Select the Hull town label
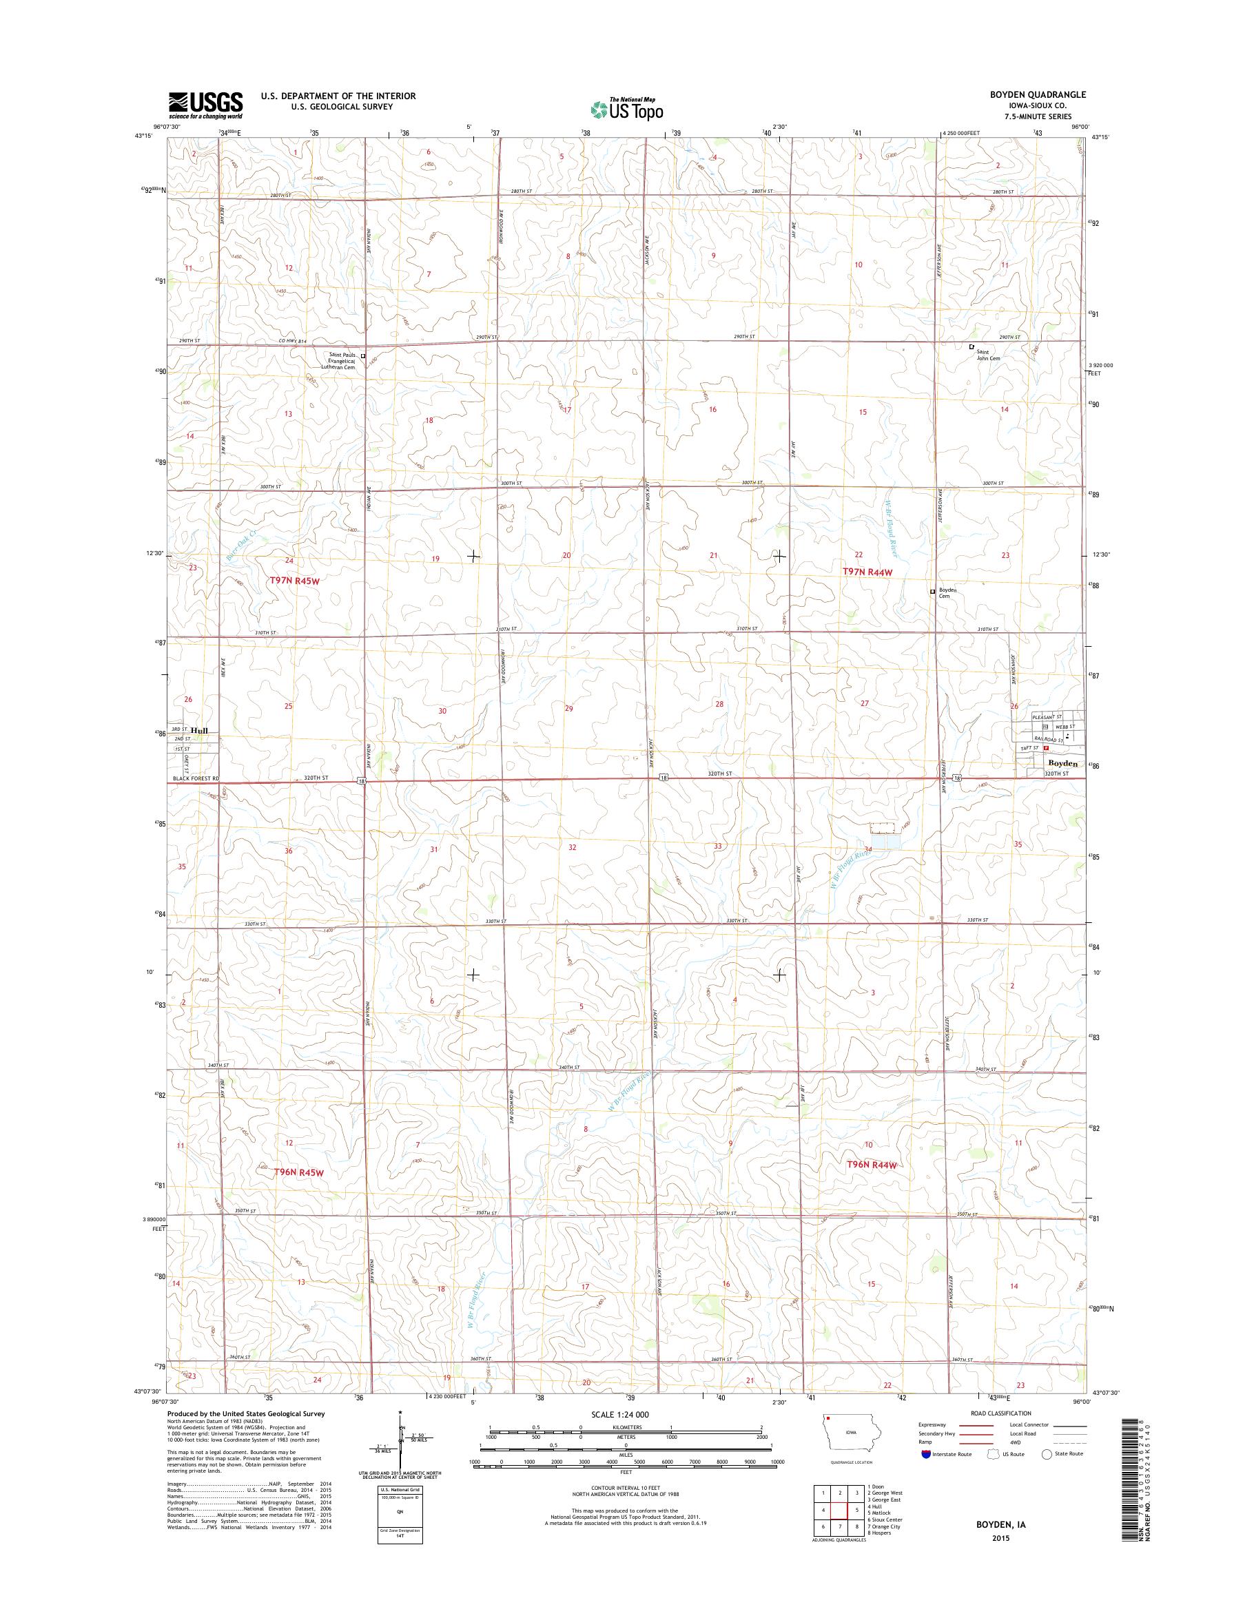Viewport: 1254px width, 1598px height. point(199,730)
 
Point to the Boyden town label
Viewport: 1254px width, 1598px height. point(1061,763)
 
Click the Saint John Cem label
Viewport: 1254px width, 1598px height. point(987,355)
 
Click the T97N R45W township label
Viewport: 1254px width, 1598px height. point(296,581)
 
